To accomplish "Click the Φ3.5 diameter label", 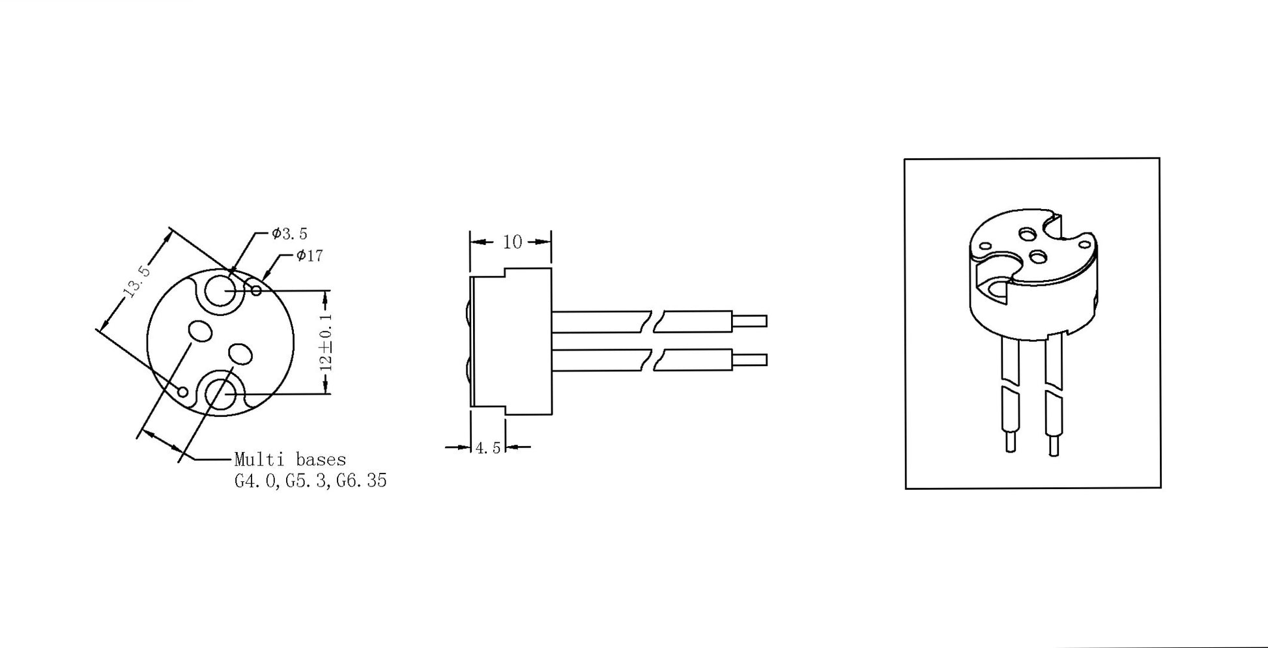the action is pyautogui.click(x=290, y=233).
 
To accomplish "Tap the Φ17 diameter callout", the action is pyautogui.click(x=310, y=256).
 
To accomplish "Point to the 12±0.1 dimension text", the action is pyautogui.click(x=326, y=342).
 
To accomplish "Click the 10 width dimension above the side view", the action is pyautogui.click(x=512, y=242).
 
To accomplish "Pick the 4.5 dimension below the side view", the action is pyautogui.click(x=488, y=448).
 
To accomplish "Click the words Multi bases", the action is pyautogui.click(x=290, y=460).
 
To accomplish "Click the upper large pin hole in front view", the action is pyautogui.click(x=222, y=290).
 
